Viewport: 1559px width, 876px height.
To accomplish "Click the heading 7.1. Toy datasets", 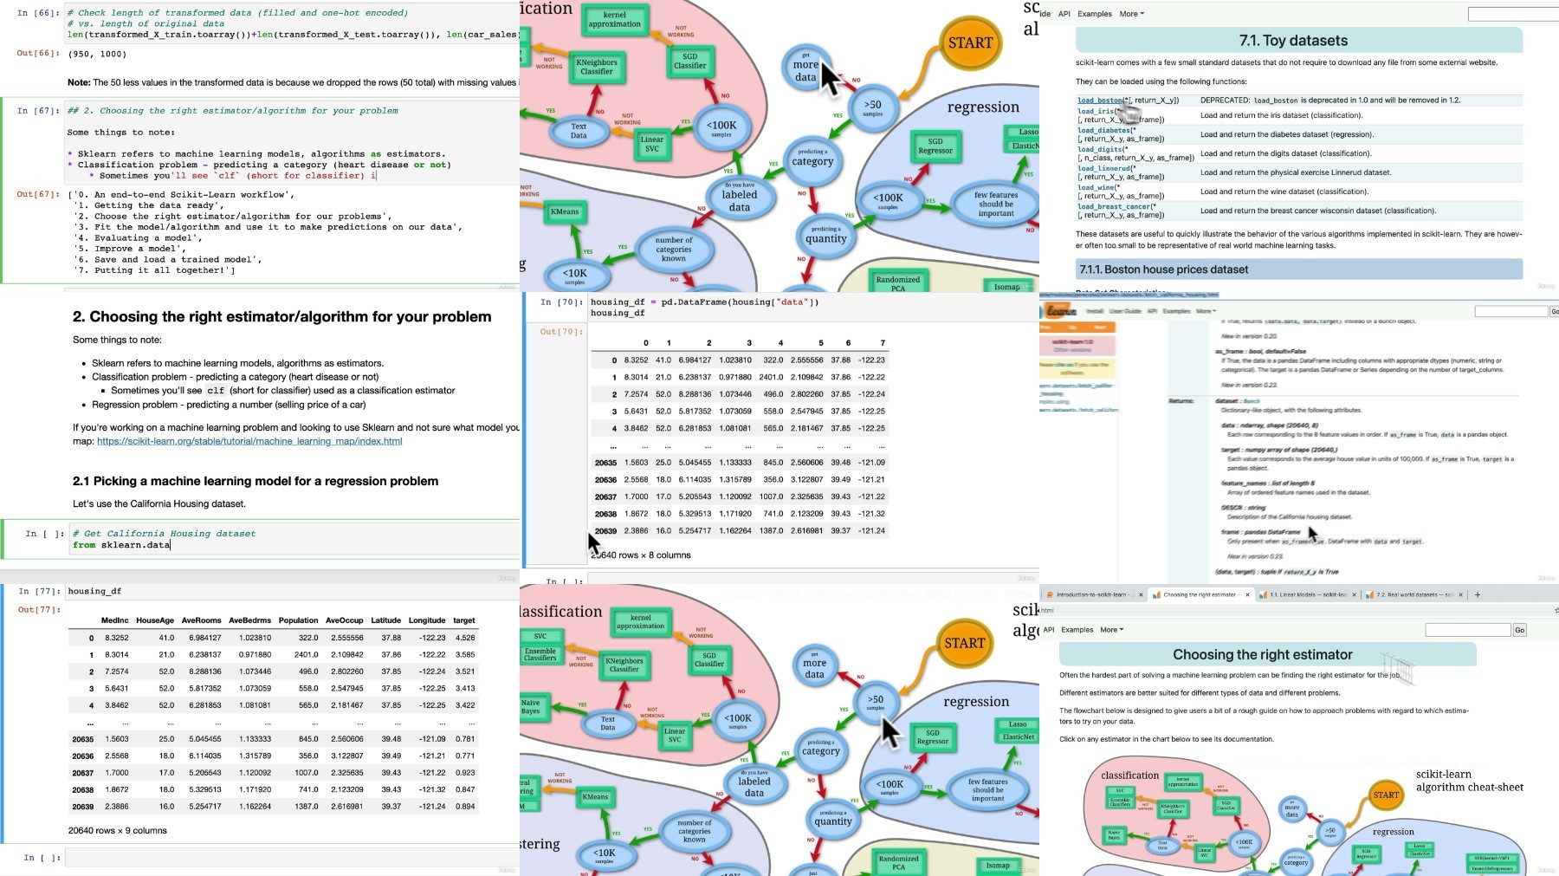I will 1293,41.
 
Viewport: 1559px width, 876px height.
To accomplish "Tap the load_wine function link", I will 1096,187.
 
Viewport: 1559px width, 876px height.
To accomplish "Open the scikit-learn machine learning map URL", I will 249,441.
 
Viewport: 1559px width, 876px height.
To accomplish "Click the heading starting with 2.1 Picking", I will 255,481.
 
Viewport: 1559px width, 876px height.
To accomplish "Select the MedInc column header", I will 114,620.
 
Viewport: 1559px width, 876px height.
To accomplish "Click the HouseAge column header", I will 155,620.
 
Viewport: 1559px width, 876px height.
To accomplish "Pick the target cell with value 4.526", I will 465,638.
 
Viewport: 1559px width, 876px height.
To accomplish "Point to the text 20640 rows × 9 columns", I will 118,830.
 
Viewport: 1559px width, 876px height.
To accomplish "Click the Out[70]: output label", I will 560,331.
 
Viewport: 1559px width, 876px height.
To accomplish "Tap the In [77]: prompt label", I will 40,591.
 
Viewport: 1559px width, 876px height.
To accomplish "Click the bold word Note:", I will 79,82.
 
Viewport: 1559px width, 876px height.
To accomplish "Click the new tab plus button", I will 1478,594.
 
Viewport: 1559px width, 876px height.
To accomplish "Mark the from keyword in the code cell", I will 84,545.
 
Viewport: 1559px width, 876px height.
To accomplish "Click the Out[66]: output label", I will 36,54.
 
